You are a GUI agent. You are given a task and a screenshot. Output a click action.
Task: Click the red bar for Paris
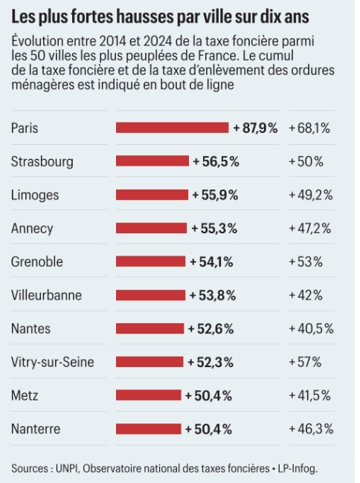pyautogui.click(x=172, y=128)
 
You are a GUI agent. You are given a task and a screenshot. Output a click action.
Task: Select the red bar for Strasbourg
pyautogui.click(x=152, y=161)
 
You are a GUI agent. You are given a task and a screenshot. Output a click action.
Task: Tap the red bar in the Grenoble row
pyautogui.click(x=150, y=262)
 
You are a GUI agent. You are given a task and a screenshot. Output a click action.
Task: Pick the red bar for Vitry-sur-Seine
pyautogui.click(x=149, y=362)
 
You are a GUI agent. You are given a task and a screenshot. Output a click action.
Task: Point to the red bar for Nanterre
pyautogui.click(x=148, y=429)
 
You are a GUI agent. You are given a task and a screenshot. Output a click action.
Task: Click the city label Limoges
pyautogui.click(x=35, y=195)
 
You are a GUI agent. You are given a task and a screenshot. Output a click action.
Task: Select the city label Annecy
pyautogui.click(x=32, y=228)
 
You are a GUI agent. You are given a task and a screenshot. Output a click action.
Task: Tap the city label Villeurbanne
pyautogui.click(x=46, y=295)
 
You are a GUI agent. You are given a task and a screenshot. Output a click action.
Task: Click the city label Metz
pyautogui.click(x=25, y=395)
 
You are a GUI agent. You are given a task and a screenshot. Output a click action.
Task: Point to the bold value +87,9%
pyautogui.click(x=255, y=128)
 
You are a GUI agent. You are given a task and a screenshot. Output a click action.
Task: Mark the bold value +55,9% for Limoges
pyautogui.click(x=215, y=195)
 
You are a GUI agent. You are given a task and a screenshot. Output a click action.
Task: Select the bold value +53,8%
pyautogui.click(x=213, y=295)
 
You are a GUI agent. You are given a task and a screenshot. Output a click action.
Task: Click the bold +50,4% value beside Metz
pyautogui.click(x=209, y=395)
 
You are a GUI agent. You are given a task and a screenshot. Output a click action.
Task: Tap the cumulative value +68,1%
pyautogui.click(x=309, y=128)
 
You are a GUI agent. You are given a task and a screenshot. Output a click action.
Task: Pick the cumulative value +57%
pyautogui.click(x=305, y=362)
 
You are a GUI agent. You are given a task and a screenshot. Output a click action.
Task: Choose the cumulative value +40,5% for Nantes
pyautogui.click(x=311, y=328)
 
